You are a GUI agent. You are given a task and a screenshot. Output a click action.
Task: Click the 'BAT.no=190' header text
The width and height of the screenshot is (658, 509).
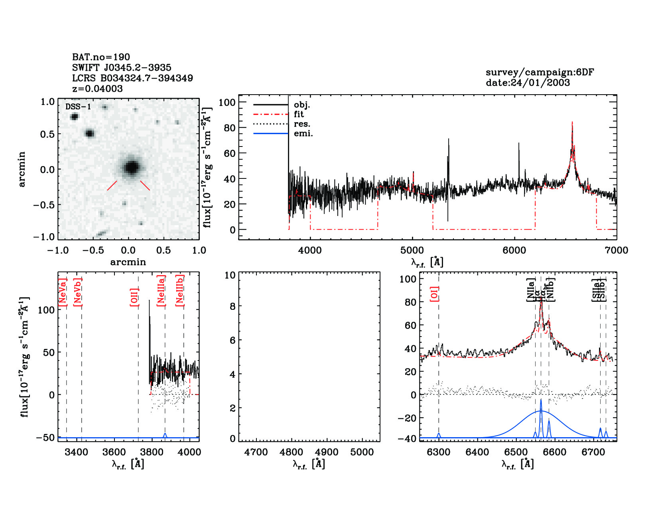tap(101, 57)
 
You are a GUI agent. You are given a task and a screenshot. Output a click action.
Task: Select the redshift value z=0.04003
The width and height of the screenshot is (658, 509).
tap(97, 89)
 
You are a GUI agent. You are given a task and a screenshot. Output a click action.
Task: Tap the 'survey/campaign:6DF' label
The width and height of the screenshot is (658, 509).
tap(540, 72)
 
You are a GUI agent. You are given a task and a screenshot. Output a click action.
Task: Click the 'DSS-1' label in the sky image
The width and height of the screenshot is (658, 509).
tap(78, 107)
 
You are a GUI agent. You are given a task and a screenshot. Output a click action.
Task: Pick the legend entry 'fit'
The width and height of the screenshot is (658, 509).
tap(299, 114)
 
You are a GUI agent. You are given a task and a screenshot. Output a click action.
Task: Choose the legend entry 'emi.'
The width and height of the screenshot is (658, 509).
tap(303, 133)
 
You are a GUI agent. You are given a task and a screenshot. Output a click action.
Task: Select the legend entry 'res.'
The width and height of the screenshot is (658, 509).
tap(302, 124)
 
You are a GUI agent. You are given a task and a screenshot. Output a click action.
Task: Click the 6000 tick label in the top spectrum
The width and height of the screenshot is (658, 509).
tap(514, 250)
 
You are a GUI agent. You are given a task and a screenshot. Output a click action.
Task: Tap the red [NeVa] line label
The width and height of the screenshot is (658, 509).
tap(63, 292)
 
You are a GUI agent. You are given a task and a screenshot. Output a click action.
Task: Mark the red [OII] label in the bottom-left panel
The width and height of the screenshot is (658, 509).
tap(134, 297)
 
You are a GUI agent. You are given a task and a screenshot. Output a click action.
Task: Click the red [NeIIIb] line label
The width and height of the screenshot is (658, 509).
tap(180, 290)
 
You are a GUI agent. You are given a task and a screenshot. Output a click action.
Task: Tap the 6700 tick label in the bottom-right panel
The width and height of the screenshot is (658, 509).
tap(593, 452)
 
